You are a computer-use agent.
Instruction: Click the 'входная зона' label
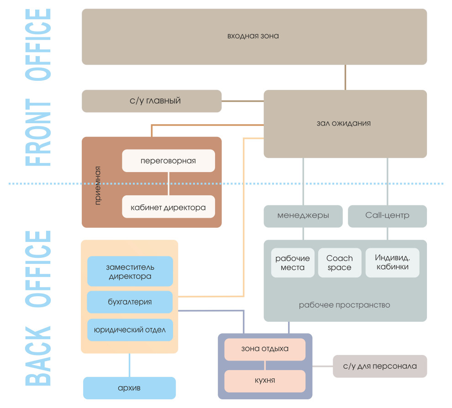[x=253, y=36]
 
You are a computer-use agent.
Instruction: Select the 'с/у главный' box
[x=152, y=101]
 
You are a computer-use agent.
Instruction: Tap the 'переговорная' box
[x=168, y=161]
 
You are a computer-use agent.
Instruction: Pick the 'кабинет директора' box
[x=168, y=207]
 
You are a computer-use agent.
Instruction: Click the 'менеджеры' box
[x=303, y=216]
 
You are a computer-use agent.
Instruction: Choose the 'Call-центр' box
[x=387, y=216]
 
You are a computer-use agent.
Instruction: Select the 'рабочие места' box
[x=293, y=263]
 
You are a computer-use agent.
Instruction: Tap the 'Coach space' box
[x=340, y=263]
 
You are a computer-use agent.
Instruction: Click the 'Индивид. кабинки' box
[x=392, y=263]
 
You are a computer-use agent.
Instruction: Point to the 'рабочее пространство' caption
[x=344, y=305]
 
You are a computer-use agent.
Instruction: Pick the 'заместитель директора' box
[x=130, y=272]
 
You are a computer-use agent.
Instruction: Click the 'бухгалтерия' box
[x=130, y=302]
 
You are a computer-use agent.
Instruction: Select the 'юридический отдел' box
[x=130, y=330]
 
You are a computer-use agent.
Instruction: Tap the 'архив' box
[x=129, y=388]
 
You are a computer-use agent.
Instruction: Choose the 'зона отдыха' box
[x=265, y=350]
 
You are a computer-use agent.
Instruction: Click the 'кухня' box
[x=265, y=381]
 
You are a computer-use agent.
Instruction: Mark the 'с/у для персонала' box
[x=380, y=366]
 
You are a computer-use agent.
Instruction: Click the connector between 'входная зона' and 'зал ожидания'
[x=345, y=77]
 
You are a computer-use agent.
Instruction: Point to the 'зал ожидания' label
[x=343, y=123]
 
